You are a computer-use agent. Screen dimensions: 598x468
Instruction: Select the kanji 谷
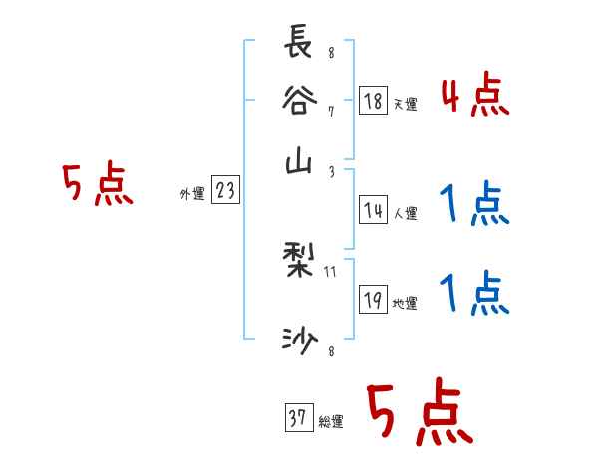pos(300,104)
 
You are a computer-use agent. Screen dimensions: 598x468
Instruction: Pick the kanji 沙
pos(300,341)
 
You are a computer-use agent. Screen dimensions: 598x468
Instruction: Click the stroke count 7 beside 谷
pos(330,112)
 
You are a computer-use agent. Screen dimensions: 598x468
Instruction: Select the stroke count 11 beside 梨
pos(332,271)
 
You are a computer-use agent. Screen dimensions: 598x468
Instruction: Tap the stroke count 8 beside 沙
pos(330,350)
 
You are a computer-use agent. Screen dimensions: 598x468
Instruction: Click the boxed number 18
pos(373,102)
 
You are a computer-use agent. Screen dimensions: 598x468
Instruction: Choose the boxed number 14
pos(373,210)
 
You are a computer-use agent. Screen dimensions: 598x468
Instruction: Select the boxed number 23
pos(225,192)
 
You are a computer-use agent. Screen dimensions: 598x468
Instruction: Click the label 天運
pos(405,104)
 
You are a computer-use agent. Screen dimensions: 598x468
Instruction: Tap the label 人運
pos(405,212)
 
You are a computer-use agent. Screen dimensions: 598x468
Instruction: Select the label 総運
pos(330,422)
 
